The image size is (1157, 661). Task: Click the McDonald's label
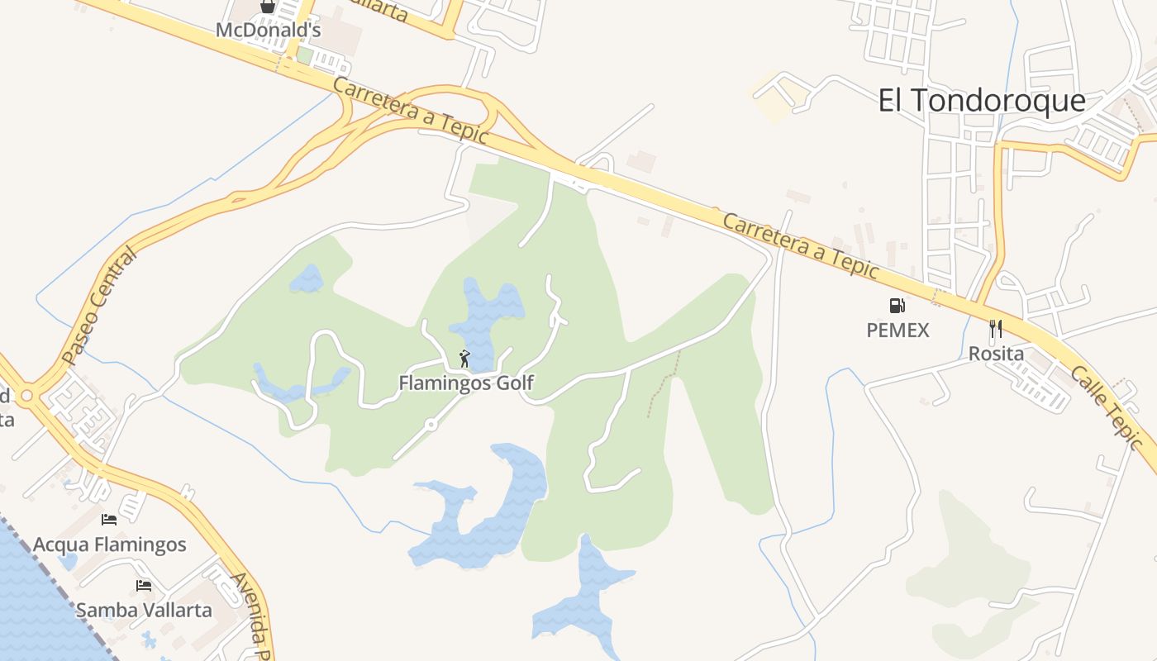[268, 31]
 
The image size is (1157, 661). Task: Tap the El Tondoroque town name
[981, 101]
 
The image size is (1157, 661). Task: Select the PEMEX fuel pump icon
[897, 306]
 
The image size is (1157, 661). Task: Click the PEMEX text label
[898, 330]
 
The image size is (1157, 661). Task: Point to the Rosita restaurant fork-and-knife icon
[996, 329]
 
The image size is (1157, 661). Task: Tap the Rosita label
[996, 354]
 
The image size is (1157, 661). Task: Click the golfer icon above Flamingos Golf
[464, 359]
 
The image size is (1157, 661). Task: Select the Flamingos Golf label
[466, 383]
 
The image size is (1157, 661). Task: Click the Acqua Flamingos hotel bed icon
[109, 520]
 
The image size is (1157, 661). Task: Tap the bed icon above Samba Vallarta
[144, 586]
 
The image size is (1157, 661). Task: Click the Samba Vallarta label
[144, 611]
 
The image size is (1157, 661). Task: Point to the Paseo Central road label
[98, 307]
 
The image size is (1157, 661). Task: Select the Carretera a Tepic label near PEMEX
[801, 245]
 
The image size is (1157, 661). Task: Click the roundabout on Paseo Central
[26, 396]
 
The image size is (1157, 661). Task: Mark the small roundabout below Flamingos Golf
[431, 425]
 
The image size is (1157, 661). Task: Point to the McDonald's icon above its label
[268, 7]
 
